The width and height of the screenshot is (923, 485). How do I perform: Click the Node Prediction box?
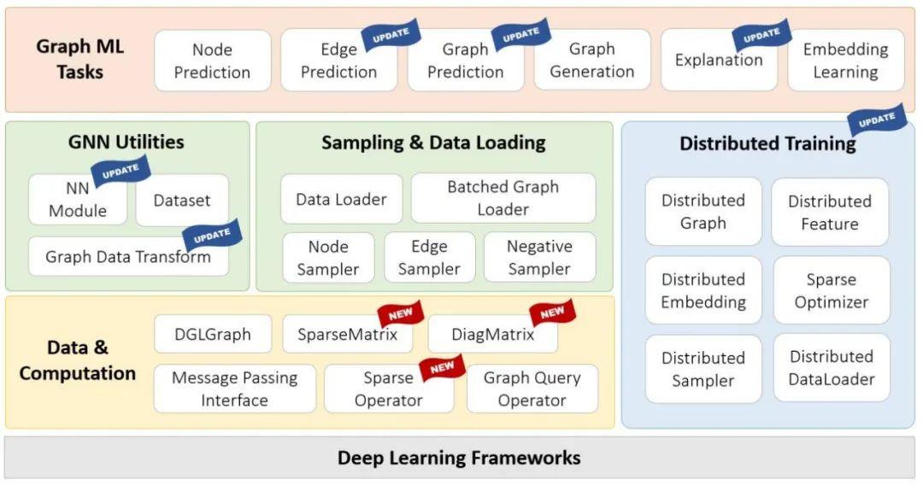(x=212, y=61)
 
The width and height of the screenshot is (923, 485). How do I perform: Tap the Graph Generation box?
(x=591, y=61)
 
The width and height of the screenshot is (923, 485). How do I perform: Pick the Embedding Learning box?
(x=845, y=61)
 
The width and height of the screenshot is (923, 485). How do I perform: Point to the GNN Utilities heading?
(x=126, y=142)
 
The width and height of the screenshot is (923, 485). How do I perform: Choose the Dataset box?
(x=182, y=201)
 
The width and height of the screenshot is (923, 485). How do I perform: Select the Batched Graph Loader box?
(x=503, y=198)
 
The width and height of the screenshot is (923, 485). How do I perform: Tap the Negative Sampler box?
(x=539, y=257)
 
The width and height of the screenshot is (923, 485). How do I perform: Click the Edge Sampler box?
(x=429, y=257)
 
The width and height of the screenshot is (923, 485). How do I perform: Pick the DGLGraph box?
(x=213, y=334)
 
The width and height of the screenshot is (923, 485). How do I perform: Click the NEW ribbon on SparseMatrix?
(x=401, y=314)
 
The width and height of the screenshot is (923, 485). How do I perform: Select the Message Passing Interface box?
(x=234, y=389)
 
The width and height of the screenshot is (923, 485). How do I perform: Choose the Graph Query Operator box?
(x=532, y=389)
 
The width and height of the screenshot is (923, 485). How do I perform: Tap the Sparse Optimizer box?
(x=831, y=290)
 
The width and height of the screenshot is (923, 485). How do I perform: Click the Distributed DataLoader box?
(x=831, y=368)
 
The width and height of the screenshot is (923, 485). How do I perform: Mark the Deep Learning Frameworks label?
(x=459, y=458)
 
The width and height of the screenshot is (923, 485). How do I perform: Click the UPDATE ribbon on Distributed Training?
(x=876, y=121)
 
